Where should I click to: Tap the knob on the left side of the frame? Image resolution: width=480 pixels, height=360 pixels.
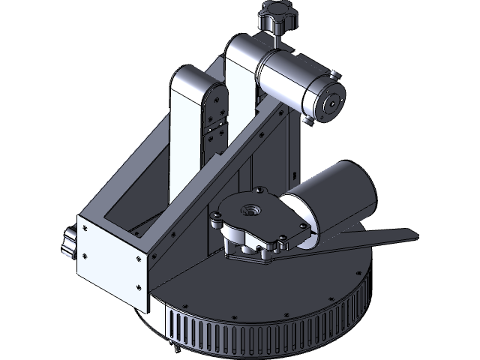tap(67, 244)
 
